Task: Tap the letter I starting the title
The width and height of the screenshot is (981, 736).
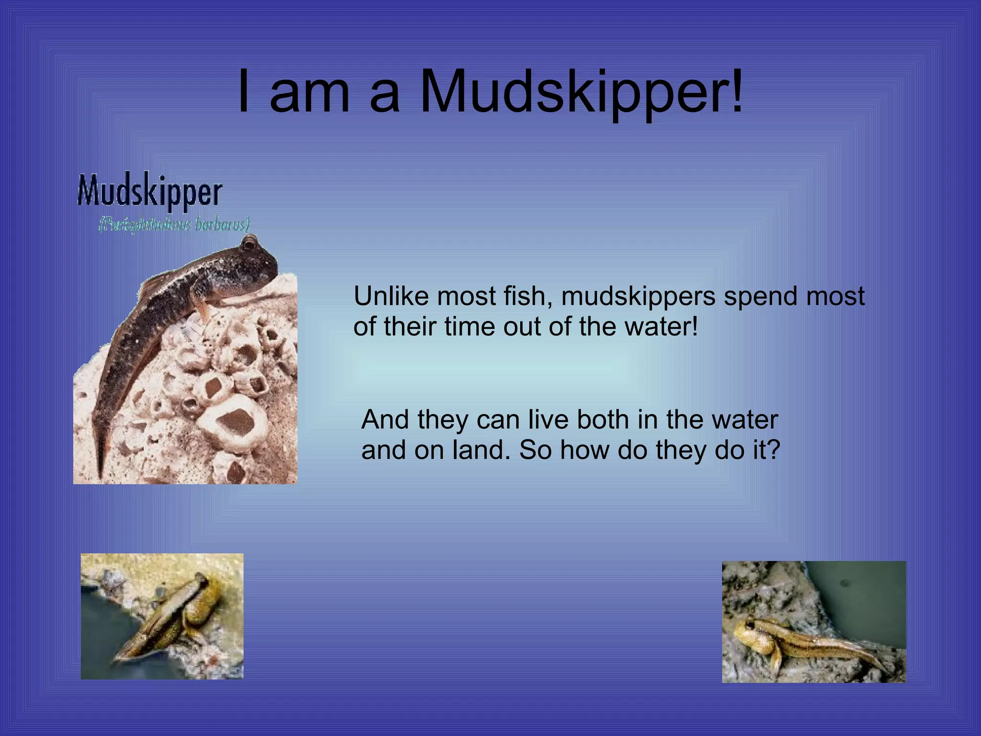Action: (244, 91)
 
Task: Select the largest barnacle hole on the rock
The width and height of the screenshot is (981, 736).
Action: (234, 422)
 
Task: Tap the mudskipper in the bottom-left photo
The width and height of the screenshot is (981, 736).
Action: (168, 618)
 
